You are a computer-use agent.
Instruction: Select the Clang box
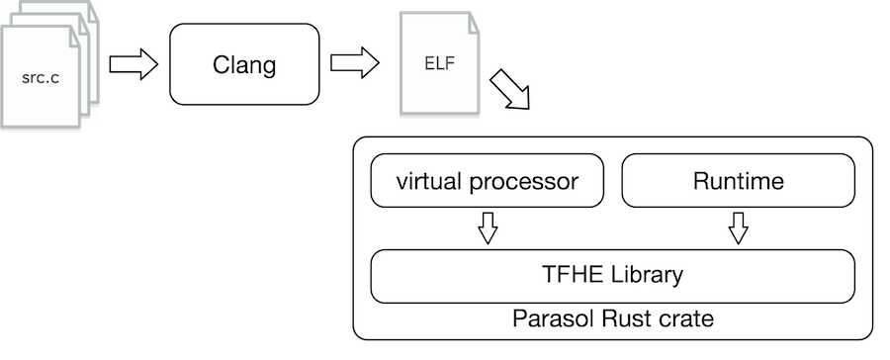click(245, 65)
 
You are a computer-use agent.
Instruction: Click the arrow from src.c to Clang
click(133, 65)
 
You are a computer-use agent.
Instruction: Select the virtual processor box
click(487, 182)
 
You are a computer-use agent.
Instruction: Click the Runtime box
click(738, 182)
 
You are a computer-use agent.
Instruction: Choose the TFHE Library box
click(612, 275)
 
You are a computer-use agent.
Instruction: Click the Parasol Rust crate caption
click(613, 319)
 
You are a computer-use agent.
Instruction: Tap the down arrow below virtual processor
click(487, 229)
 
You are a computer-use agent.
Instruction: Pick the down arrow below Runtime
click(738, 229)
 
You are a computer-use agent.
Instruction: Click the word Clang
click(245, 66)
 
